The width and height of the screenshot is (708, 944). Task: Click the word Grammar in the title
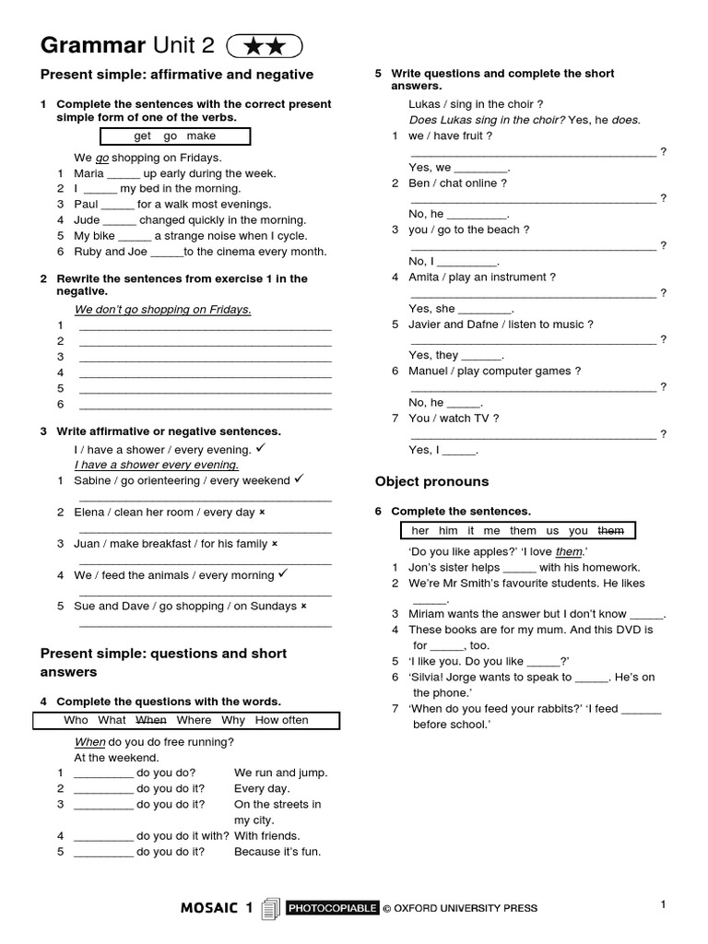pos(93,45)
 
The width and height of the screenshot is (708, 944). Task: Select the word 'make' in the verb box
pos(201,136)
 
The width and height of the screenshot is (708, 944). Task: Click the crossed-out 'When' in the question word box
pos(152,720)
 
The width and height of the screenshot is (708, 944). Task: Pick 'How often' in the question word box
pos(281,720)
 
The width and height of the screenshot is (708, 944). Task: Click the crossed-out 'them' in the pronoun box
pos(610,530)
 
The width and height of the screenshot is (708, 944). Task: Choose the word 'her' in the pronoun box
pos(420,530)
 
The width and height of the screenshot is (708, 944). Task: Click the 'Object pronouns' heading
pos(431,481)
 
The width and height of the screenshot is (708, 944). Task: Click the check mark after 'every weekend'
pos(299,479)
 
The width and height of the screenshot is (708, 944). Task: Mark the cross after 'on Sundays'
pos(303,606)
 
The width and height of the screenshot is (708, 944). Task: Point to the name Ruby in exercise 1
pos(88,251)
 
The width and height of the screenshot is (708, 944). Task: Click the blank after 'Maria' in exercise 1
pos(123,173)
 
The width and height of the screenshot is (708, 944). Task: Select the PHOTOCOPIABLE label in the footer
pos(332,908)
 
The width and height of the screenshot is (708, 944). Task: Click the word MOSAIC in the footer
pos(211,908)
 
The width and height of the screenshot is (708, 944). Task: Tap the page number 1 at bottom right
pos(662,904)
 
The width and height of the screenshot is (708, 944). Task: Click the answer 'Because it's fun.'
pos(277,851)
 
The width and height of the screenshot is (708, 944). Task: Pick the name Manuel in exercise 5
pos(430,371)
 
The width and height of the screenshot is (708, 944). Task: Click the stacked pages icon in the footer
pos(270,909)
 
